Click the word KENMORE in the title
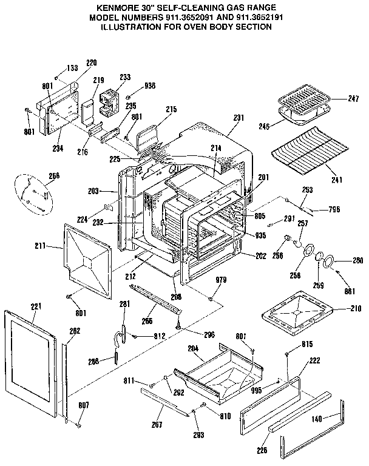point(120,8)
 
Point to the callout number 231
point(238,117)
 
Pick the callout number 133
point(72,68)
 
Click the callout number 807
point(84,405)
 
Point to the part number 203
point(110,191)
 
